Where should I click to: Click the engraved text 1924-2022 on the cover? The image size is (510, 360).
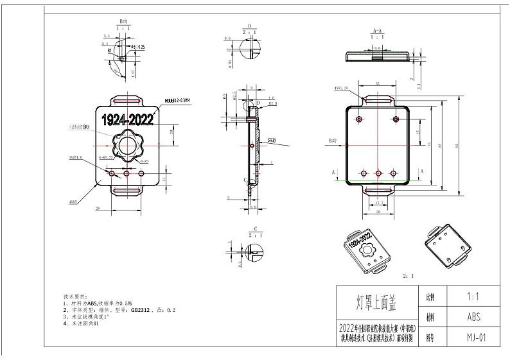click(x=126, y=119)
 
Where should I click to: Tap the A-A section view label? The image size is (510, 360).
click(x=378, y=31)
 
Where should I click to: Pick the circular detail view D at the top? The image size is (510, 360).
click(x=247, y=51)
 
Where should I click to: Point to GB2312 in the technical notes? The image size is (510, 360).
click(x=140, y=309)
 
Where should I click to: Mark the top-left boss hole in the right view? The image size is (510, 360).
click(x=360, y=119)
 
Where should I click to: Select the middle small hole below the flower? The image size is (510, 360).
click(x=127, y=173)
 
